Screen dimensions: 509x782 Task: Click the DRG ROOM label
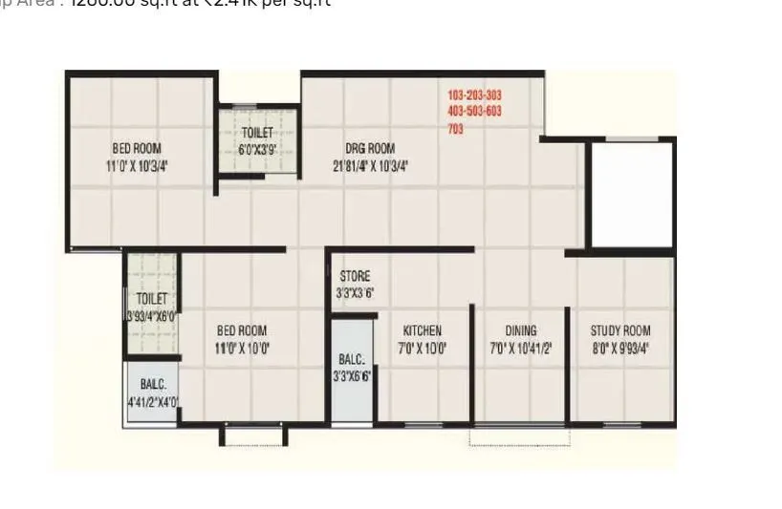click(370, 148)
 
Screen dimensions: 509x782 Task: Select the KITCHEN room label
click(422, 331)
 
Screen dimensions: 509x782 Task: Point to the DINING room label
click(521, 331)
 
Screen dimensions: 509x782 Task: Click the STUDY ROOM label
click(619, 331)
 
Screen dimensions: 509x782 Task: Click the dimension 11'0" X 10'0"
click(242, 349)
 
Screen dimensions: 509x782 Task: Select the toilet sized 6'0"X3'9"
click(255, 141)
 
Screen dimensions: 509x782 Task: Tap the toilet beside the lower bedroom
click(151, 306)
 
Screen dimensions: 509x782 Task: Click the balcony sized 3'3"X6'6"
click(352, 368)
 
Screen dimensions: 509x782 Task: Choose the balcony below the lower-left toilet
click(153, 392)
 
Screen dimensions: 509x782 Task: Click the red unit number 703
click(456, 129)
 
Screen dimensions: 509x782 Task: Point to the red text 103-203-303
click(474, 95)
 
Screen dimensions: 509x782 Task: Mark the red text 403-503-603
click(474, 112)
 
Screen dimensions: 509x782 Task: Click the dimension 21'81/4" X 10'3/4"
click(370, 165)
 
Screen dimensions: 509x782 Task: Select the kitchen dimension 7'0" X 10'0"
click(422, 349)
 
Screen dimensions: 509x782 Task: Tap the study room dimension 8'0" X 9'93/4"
click(619, 349)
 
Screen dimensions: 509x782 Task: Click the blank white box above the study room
click(631, 195)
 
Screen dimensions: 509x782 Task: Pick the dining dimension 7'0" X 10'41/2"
click(521, 349)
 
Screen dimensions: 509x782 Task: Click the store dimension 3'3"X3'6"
click(354, 294)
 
